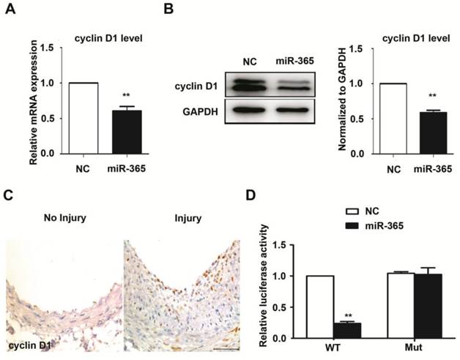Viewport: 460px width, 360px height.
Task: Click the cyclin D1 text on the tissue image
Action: [31, 344]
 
